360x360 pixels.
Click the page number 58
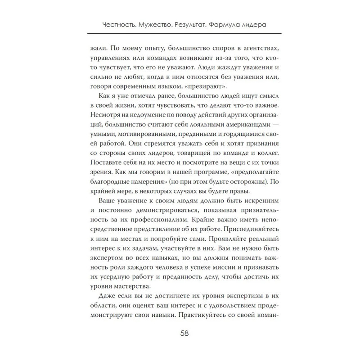180,333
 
